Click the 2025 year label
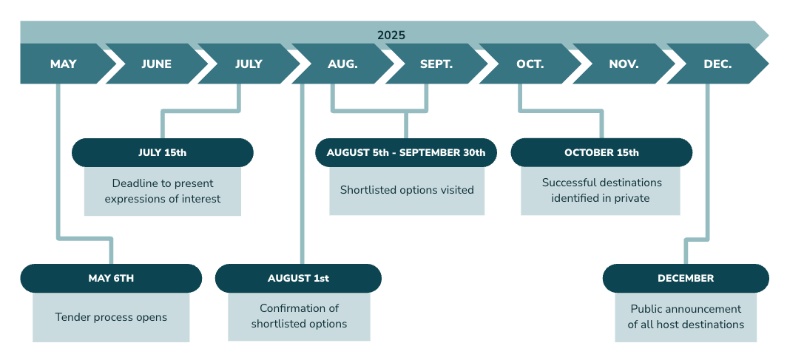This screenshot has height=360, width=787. [391, 35]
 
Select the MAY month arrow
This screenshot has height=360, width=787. [64, 64]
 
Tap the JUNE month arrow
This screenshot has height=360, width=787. [156, 64]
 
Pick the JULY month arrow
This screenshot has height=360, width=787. [249, 64]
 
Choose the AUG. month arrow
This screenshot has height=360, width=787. [342, 64]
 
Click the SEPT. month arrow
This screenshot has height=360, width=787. [436, 64]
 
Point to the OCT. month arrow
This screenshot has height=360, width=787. [530, 64]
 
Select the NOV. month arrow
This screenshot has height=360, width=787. [624, 64]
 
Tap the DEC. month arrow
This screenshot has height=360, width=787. [717, 64]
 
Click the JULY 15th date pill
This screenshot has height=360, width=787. [163, 152]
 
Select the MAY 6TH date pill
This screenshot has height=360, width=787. [111, 278]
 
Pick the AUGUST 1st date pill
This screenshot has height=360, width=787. [298, 278]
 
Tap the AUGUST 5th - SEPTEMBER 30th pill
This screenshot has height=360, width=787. [406, 152]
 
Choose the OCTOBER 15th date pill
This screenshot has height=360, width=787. [601, 152]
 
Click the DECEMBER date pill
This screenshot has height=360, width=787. [686, 278]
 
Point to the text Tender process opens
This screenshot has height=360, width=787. [111, 317]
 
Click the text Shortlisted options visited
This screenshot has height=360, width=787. [407, 190]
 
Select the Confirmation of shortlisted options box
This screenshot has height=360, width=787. [299, 317]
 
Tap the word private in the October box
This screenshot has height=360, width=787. [631, 199]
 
